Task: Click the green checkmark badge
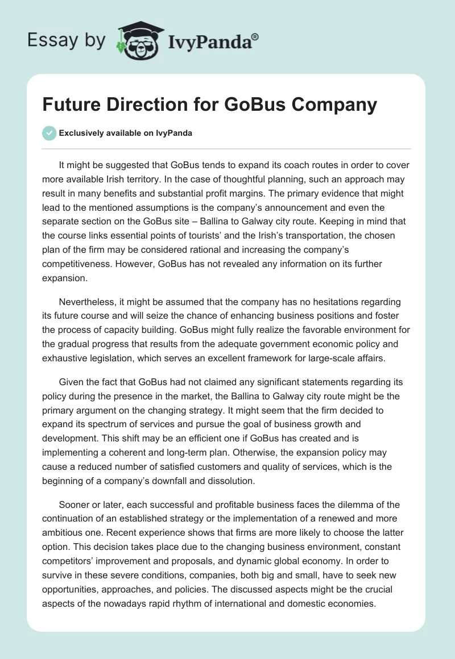(49, 133)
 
